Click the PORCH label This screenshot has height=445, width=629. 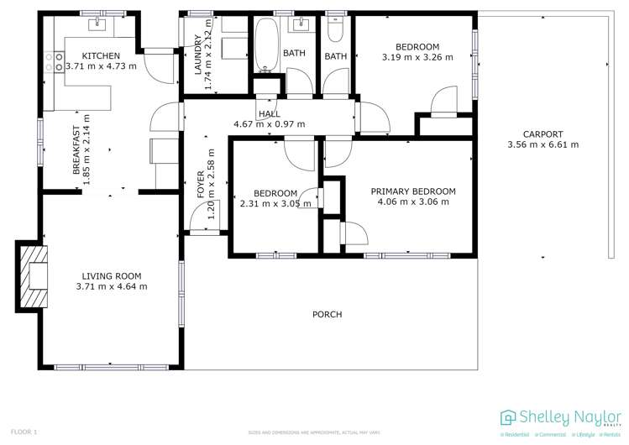coord(327,315)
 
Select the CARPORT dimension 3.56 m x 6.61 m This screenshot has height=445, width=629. coord(543,145)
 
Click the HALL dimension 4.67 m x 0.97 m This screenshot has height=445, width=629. coord(269,124)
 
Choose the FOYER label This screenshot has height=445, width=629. coord(201,185)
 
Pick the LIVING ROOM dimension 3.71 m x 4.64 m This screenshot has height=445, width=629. coord(111,286)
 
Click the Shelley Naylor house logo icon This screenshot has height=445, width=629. coord(507,417)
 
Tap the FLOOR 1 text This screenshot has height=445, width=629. coord(23,432)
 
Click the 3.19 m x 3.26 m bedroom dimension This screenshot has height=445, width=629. coord(417,57)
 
